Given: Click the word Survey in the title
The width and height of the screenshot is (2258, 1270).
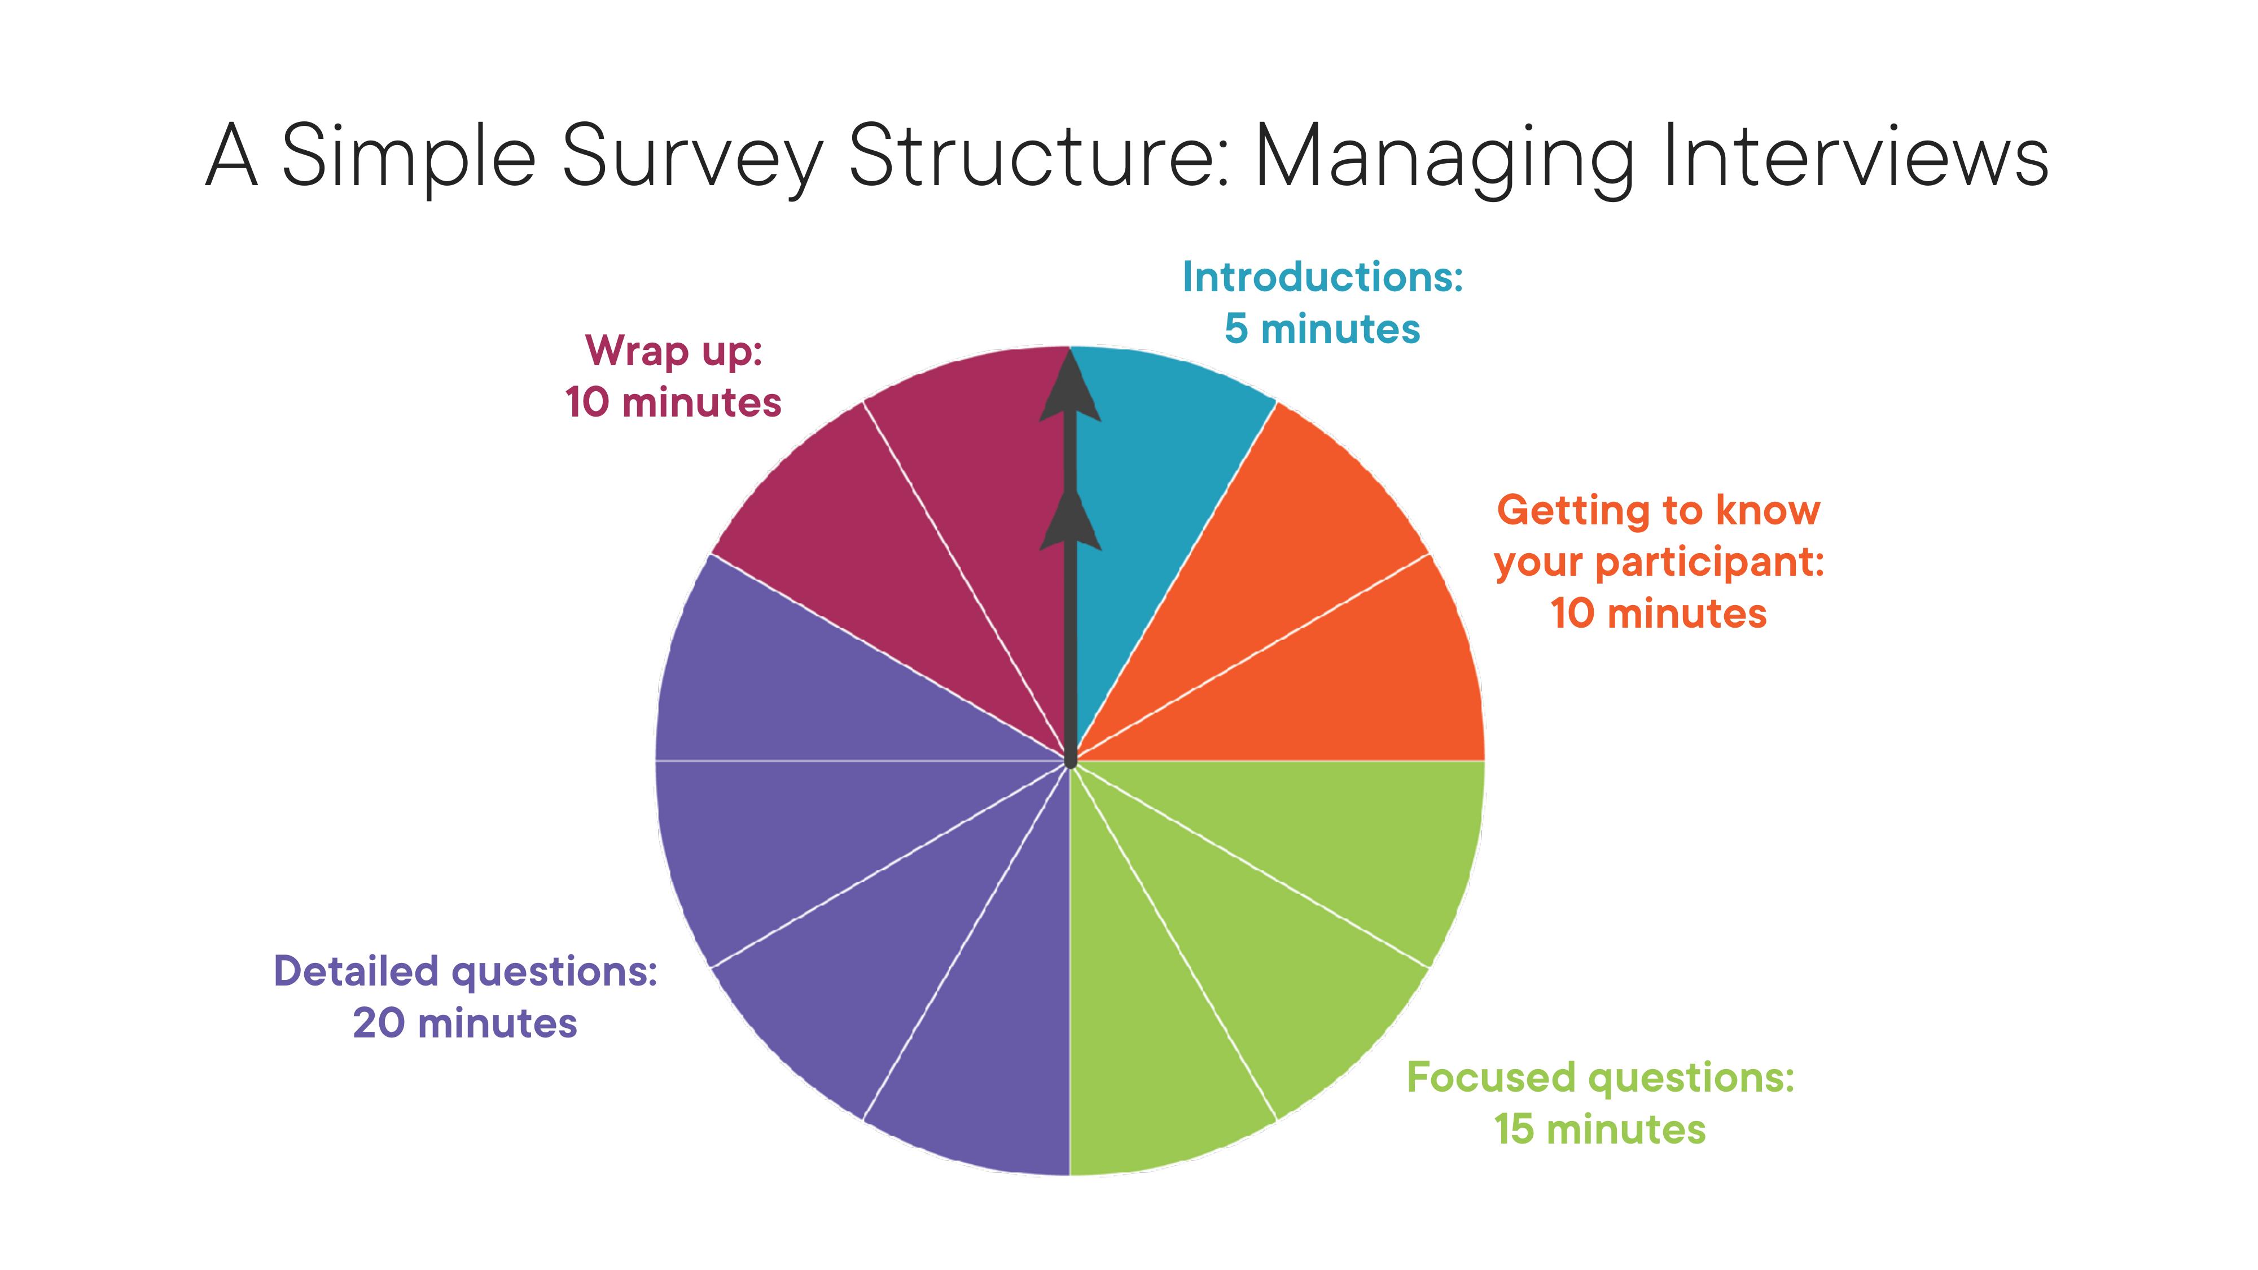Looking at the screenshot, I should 691,158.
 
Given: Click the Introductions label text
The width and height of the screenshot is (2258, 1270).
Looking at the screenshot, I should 1322,277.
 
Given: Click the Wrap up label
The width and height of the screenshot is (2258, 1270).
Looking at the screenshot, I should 673,352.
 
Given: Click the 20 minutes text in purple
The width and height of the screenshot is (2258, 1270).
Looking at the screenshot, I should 464,1023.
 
